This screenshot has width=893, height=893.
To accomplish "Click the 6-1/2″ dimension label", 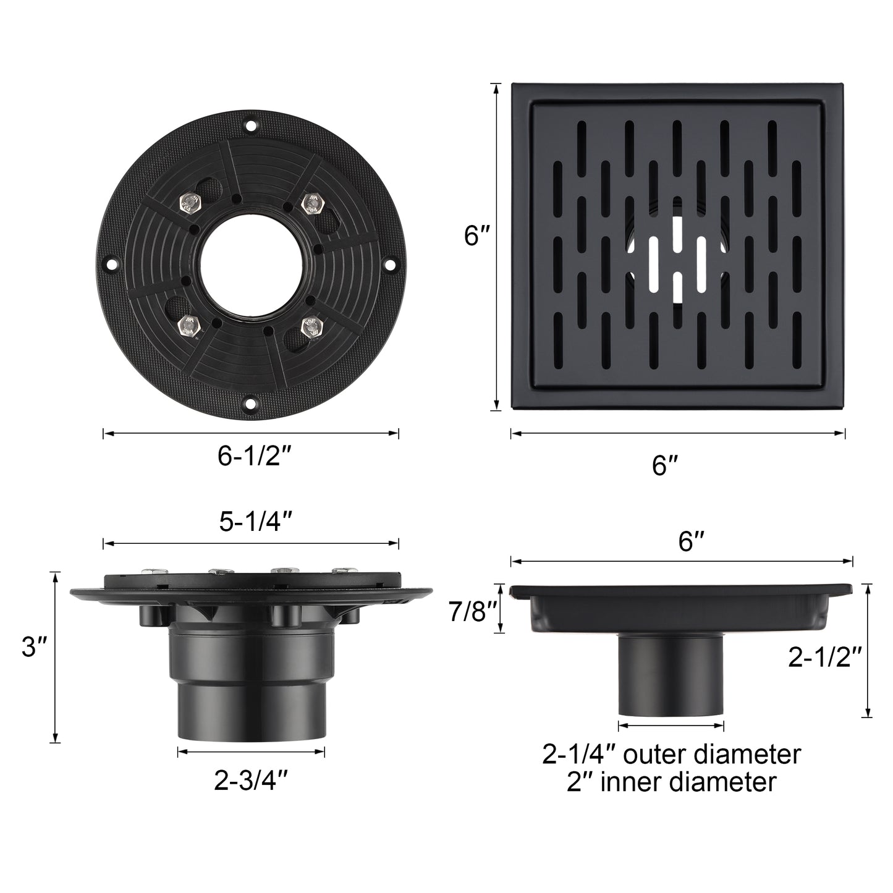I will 254,456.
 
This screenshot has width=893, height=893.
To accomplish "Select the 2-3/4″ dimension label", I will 251,782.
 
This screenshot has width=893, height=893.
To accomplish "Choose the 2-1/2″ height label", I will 825,658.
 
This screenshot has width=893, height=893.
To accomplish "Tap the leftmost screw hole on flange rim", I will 111,265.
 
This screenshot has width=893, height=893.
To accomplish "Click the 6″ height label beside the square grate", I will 476,235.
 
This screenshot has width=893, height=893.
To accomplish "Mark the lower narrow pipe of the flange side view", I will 252,711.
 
